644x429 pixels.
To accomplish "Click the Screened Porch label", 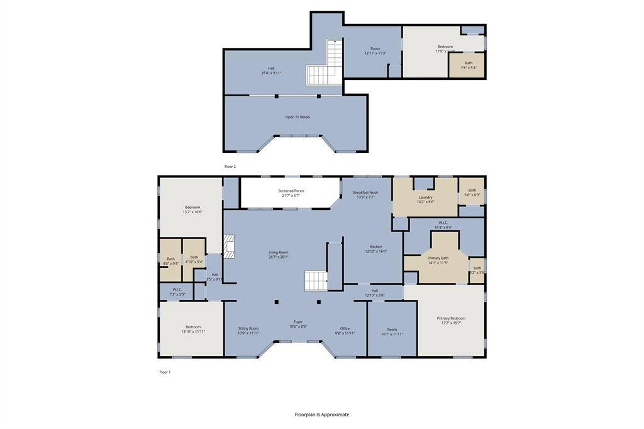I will click(x=291, y=193).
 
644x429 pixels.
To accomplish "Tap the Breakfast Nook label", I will click(x=365, y=194).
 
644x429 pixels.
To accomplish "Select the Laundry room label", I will click(x=425, y=199).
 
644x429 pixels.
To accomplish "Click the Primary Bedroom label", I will click(x=451, y=320).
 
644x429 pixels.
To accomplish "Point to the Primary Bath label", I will click(x=438, y=260).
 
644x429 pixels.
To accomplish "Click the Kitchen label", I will click(x=375, y=248).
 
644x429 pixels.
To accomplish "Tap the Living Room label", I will click(x=278, y=254).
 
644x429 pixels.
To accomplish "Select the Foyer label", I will click(x=298, y=324).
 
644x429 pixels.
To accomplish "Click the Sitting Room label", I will click(x=248, y=330).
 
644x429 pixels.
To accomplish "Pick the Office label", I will click(x=345, y=330).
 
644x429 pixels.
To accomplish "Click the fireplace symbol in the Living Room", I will click(x=229, y=247).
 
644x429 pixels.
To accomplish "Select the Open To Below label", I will click(x=297, y=117).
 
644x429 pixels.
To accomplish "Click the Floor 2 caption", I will click(x=230, y=167).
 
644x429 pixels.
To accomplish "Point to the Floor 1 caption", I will click(x=165, y=372).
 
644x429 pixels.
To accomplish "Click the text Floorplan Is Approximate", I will click(x=322, y=415).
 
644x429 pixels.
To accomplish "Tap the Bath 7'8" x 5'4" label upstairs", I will click(x=469, y=65).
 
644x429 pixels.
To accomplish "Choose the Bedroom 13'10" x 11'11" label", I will click(x=193, y=329).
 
